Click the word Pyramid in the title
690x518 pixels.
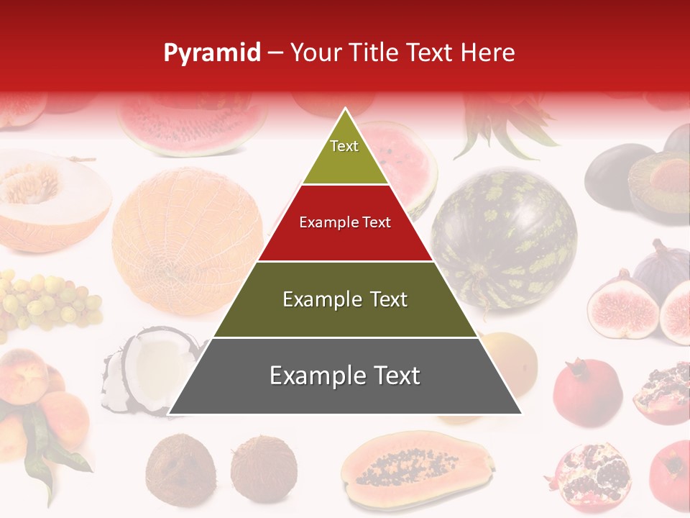tap(211, 53)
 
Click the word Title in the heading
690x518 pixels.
tap(374, 53)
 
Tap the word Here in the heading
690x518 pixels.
tap(488, 53)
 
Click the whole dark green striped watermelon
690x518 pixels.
tap(504, 237)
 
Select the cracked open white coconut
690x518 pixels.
tap(144, 371)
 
